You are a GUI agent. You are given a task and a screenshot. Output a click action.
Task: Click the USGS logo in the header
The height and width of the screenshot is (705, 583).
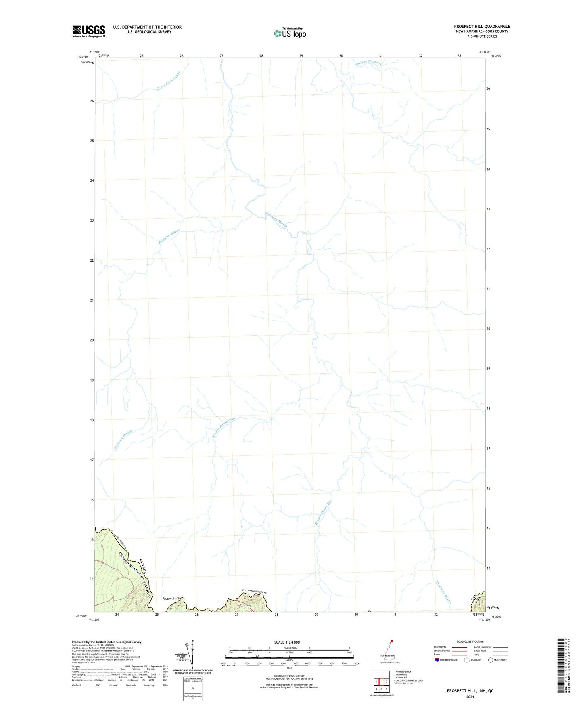tap(89, 31)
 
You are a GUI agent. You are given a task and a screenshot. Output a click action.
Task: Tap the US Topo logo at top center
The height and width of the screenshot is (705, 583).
tap(290, 33)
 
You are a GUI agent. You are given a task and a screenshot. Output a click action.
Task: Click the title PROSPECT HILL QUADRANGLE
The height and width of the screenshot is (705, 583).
tap(482, 27)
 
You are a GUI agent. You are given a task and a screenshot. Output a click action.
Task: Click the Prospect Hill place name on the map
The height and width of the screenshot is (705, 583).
tap(171, 598)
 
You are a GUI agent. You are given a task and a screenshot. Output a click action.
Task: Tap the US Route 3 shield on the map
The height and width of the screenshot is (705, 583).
tap(250, 606)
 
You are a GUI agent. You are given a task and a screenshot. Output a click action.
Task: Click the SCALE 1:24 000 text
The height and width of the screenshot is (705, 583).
tap(287, 642)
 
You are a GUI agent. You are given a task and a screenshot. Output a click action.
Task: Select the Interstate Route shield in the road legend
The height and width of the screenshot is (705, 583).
tap(437, 660)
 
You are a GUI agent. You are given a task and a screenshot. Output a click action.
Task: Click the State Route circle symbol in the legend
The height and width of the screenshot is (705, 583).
tap(491, 660)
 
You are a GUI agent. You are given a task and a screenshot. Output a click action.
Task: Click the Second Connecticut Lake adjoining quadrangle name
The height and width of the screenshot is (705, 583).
tap(408, 680)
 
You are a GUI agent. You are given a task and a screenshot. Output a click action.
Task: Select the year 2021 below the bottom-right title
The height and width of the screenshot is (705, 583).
tap(470, 697)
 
